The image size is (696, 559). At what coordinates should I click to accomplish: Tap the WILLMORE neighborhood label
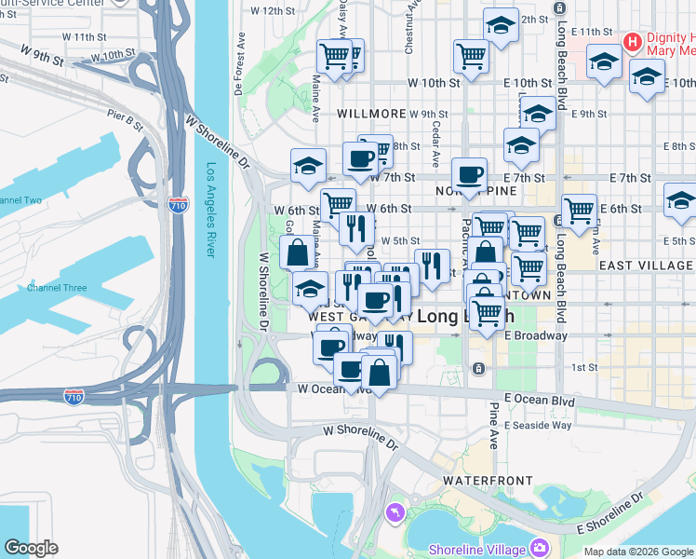(371, 114)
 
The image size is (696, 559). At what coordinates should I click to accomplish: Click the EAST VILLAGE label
(646, 266)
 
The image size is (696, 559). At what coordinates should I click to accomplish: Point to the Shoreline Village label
(475, 548)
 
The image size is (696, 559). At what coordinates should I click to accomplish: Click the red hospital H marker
(633, 42)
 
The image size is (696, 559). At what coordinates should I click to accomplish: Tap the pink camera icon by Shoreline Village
(539, 547)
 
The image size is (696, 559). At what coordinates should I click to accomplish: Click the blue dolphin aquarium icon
(396, 512)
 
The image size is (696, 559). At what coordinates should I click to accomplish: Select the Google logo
(31, 547)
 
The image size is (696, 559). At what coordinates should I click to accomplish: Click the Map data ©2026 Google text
(637, 552)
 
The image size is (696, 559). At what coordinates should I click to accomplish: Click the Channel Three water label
(56, 288)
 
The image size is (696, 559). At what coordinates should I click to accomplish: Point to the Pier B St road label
(124, 118)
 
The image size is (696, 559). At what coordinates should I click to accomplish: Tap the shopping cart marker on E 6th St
(579, 209)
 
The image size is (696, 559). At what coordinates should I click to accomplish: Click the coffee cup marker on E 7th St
(469, 173)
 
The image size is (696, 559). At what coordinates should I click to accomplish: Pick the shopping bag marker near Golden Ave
(297, 252)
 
